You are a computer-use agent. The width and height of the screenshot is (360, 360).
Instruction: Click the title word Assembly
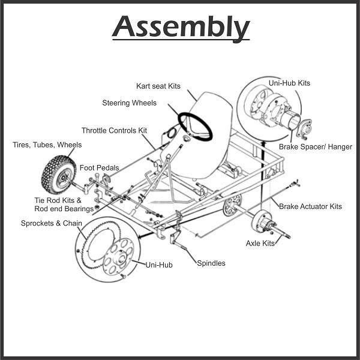coord(180,27)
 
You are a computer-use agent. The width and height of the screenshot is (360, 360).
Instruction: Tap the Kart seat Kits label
coord(158,86)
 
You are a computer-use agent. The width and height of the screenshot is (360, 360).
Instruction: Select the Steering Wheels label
coord(129,103)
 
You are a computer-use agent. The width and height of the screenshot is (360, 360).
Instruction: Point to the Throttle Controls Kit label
coord(114,130)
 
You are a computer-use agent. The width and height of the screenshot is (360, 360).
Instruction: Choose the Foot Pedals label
coord(100,168)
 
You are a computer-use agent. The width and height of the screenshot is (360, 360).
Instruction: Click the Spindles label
coord(211,263)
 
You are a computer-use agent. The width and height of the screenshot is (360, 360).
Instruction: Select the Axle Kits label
coord(260,243)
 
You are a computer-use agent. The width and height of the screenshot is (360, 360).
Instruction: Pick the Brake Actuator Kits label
coord(310,206)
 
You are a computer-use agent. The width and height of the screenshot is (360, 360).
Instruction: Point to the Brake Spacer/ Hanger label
coord(316,146)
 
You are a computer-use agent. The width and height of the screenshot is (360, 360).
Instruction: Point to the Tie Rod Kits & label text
coord(58,200)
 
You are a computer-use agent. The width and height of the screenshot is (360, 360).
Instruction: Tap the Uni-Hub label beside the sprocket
coord(158,264)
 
